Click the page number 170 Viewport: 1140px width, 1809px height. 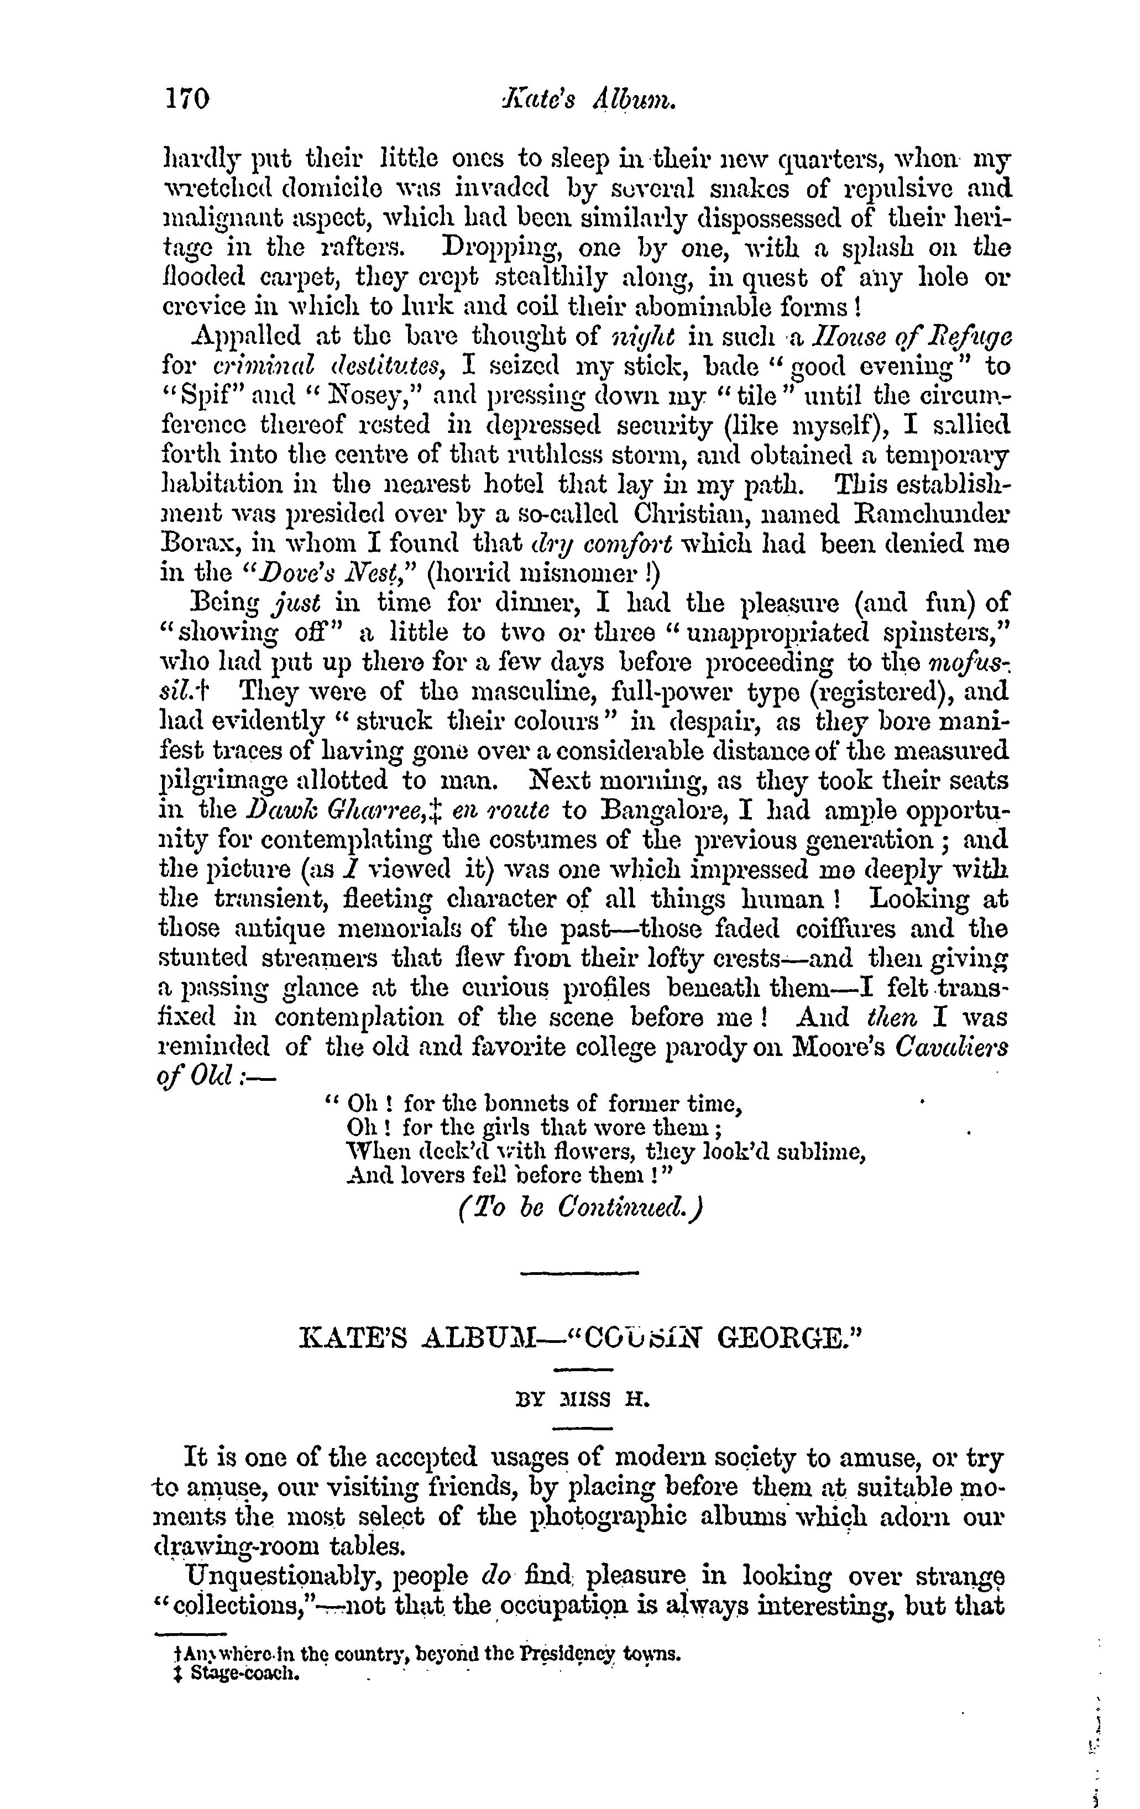(x=187, y=98)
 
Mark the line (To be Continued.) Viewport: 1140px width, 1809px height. (x=578, y=1208)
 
